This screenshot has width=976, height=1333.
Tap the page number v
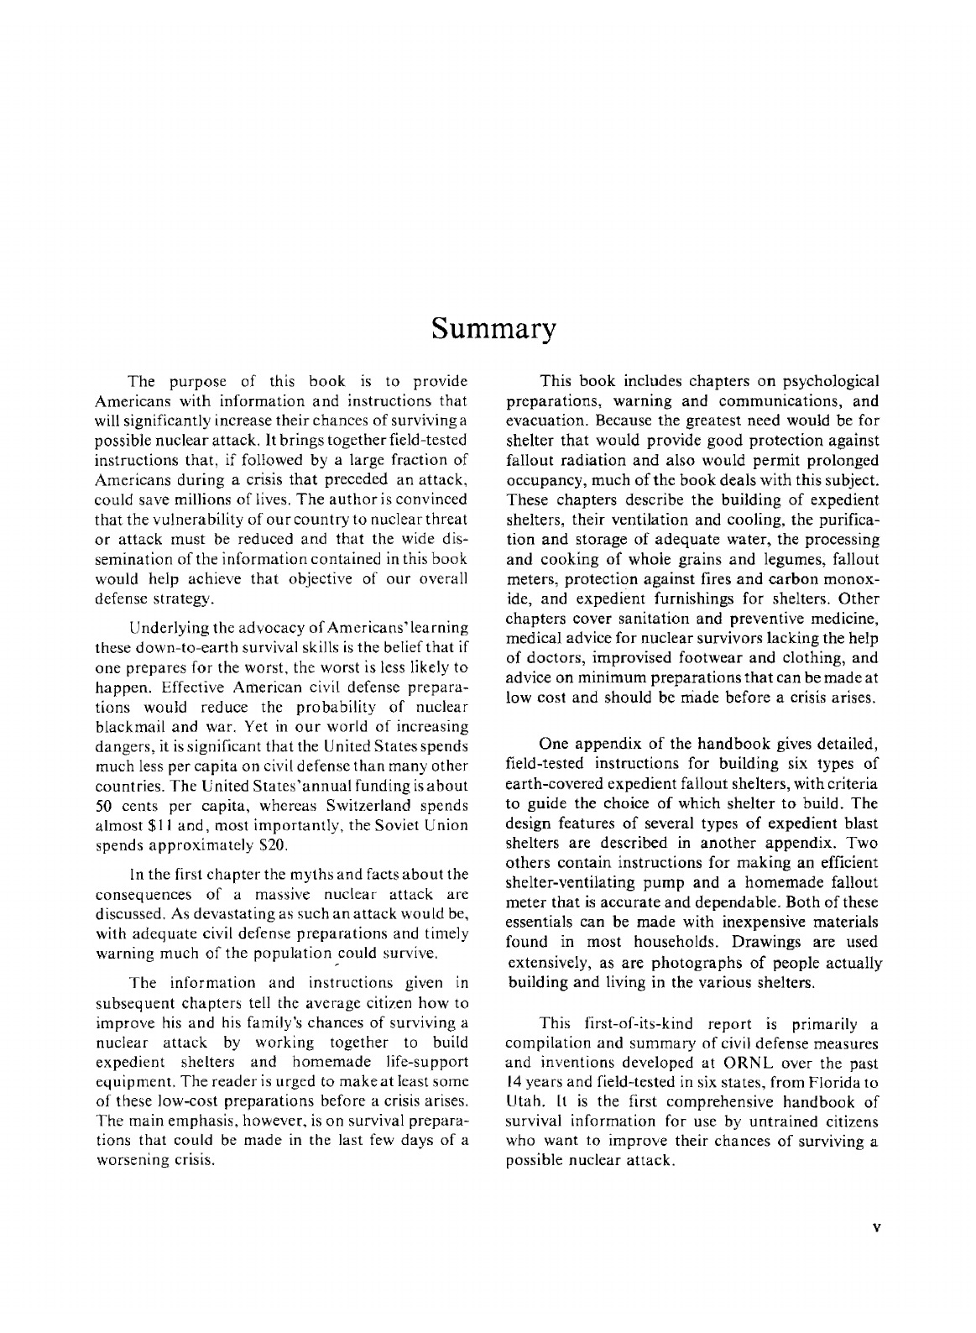click(x=876, y=1227)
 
